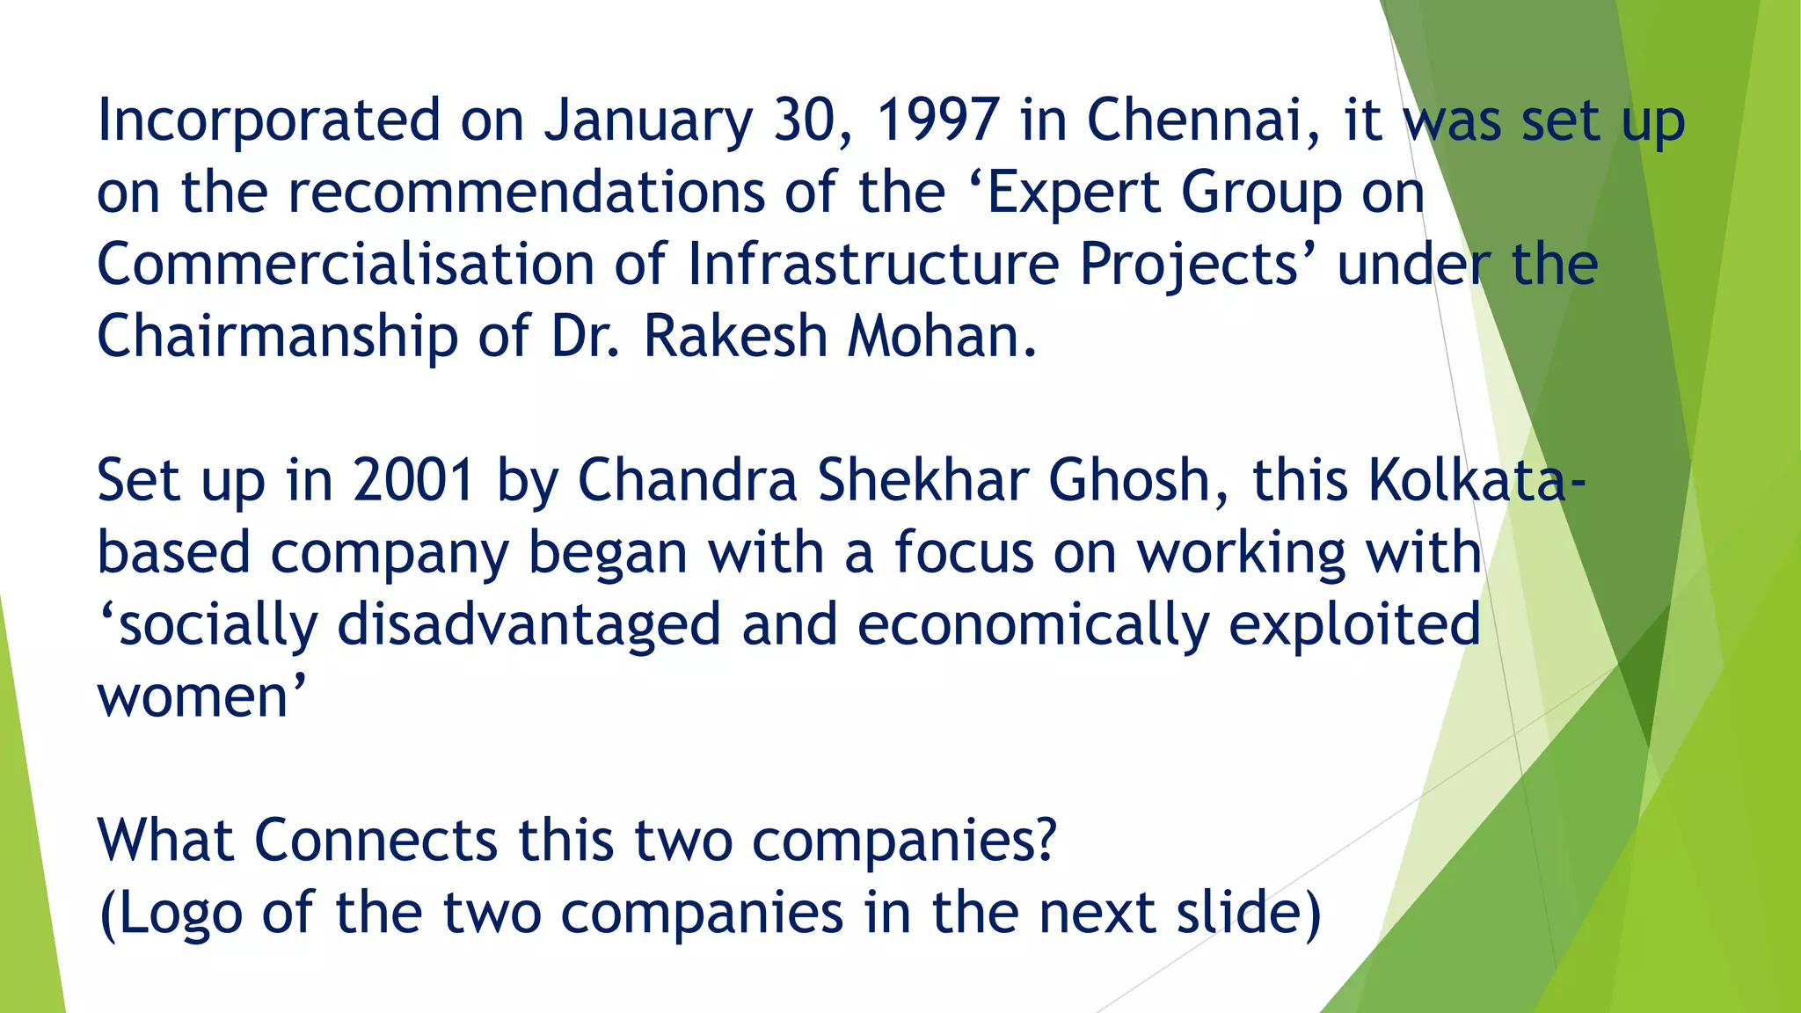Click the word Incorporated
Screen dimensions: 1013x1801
[x=268, y=120]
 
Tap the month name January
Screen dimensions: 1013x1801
[x=648, y=120]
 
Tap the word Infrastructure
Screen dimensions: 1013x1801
[x=873, y=264]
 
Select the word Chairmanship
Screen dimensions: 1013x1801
[x=278, y=336]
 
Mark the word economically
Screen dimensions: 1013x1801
[x=1032, y=624]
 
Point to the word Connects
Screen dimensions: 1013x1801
[x=376, y=841]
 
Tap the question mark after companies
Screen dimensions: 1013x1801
[x=1046, y=841]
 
